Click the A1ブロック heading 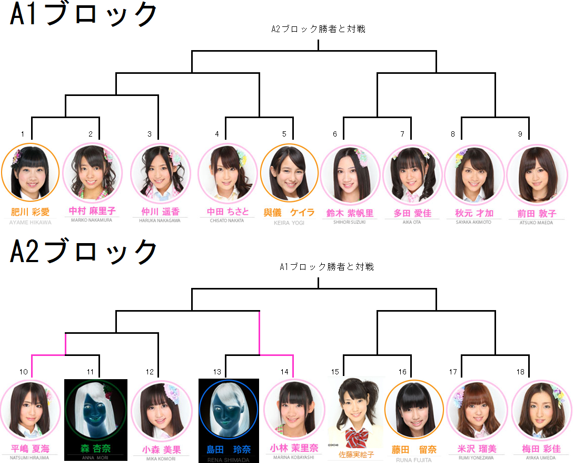(x=83, y=15)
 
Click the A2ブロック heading (x=83, y=252)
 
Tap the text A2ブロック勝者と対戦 (x=318, y=29)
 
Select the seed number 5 (x=284, y=134)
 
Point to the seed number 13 (x=217, y=372)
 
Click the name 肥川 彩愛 (x=31, y=212)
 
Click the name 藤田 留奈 (x=414, y=449)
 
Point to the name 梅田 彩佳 (x=541, y=449)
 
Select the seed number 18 (x=520, y=372)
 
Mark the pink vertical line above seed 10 (x=32, y=366)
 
